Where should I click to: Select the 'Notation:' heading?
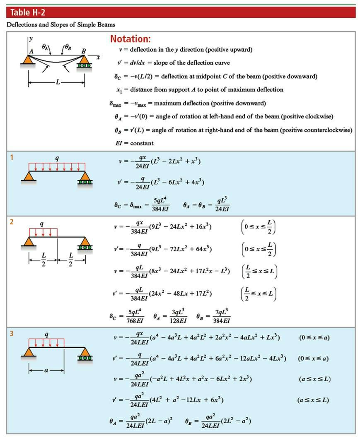[130, 39]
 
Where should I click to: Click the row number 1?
[12, 157]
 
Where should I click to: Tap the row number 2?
[12, 222]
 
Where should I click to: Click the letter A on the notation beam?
[31, 51]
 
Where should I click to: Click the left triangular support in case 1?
[28, 176]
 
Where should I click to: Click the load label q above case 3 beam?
[46, 334]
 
